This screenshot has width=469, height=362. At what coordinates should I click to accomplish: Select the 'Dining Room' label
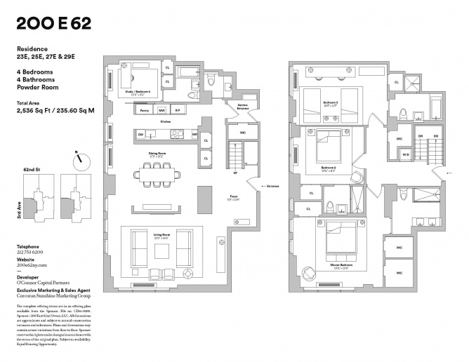(156, 154)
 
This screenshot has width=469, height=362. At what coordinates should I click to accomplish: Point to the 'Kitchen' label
(166, 121)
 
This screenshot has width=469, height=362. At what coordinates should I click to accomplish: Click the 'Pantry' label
(145, 111)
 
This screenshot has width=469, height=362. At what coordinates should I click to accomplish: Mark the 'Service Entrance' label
(243, 107)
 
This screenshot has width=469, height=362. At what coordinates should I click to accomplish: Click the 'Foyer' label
(234, 197)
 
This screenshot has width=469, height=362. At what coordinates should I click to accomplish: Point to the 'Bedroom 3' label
(330, 102)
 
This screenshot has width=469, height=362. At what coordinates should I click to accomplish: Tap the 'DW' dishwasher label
(141, 134)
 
